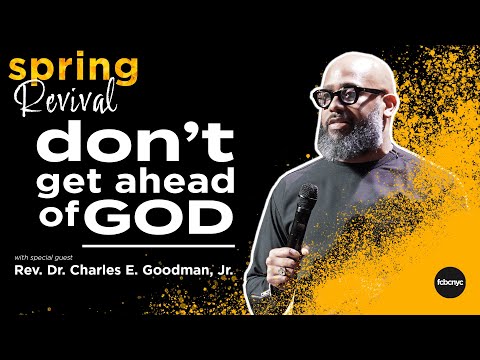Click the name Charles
coord(114,269)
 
